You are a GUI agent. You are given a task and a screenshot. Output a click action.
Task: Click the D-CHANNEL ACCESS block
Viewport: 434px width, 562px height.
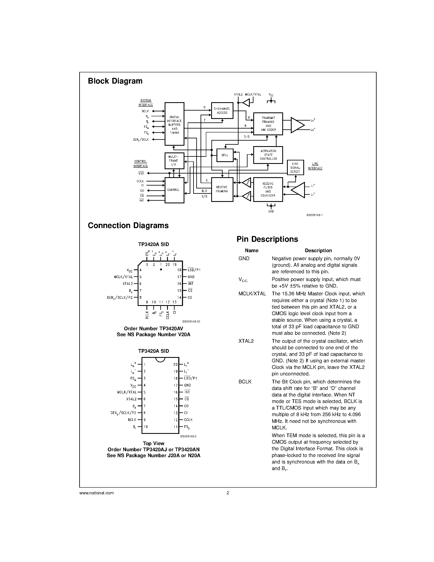222,111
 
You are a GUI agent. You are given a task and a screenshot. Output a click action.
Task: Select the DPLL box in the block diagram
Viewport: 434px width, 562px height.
225,155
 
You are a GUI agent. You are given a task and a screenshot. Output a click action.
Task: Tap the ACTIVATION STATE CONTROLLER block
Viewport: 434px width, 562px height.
268,155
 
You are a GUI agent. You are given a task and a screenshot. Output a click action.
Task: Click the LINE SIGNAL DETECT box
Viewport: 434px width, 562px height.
295,168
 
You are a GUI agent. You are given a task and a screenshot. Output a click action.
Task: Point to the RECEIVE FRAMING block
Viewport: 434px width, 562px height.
222,189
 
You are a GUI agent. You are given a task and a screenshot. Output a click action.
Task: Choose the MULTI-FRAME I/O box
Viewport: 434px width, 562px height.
174,161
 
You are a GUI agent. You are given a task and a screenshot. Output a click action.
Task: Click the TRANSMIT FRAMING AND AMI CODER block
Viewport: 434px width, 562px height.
268,124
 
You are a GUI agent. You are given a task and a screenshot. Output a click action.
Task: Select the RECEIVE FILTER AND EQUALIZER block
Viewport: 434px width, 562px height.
268,189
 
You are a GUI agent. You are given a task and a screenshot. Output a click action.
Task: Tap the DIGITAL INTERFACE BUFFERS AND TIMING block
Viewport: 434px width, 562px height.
174,124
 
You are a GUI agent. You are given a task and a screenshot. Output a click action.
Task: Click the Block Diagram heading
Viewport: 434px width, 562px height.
115,81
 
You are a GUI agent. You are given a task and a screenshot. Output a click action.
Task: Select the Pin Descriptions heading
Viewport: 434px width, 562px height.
267,239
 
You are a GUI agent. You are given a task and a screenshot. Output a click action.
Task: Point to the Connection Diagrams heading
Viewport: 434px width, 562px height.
128,225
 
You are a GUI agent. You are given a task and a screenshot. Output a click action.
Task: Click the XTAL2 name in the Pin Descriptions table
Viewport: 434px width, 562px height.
246,341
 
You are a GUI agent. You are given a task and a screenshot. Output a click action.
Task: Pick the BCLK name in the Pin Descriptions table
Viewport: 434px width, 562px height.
245,382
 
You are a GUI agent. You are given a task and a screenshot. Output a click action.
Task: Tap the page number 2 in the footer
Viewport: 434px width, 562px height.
228,493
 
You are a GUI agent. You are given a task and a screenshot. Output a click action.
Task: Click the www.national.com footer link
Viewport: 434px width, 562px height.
96,493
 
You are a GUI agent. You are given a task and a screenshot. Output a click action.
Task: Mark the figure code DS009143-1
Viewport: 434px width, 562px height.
315,215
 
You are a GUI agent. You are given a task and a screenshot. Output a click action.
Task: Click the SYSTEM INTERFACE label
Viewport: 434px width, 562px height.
146,102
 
